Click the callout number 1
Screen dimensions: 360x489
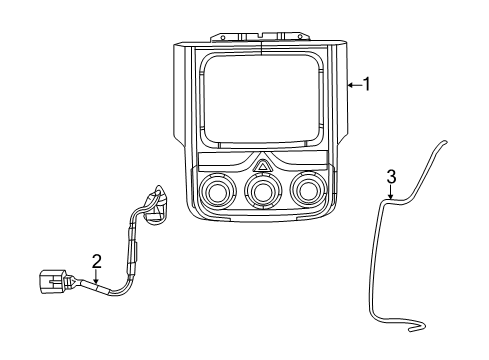[366, 85]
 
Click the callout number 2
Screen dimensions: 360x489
[96, 262]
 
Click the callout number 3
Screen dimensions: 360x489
[391, 177]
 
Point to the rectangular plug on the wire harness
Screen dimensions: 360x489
[52, 282]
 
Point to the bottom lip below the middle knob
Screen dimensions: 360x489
[262, 216]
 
